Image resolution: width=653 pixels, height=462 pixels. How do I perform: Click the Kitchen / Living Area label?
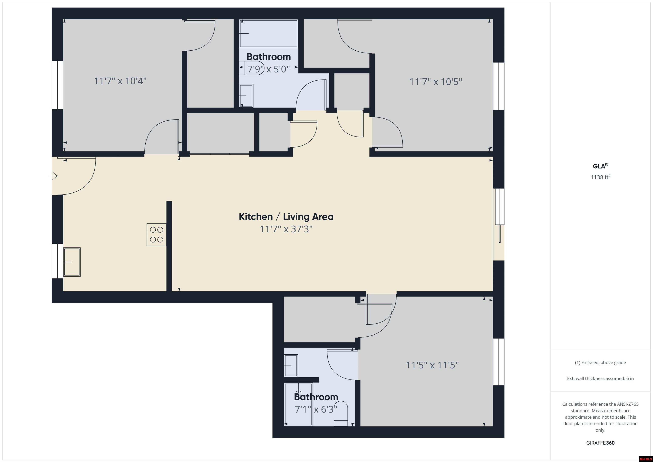click(x=286, y=217)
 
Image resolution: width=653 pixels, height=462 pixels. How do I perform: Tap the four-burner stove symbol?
click(x=156, y=235)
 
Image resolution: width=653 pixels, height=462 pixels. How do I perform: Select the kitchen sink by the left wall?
click(x=72, y=262)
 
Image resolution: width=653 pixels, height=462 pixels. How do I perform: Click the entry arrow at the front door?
click(x=53, y=176)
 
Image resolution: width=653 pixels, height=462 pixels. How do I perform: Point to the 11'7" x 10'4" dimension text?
click(x=120, y=81)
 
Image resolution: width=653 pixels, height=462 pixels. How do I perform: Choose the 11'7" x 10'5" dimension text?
click(x=435, y=82)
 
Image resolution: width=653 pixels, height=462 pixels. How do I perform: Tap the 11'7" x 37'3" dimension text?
click(x=286, y=229)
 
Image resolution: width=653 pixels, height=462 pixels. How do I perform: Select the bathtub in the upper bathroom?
click(x=268, y=33)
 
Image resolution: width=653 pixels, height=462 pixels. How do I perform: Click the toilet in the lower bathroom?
click(x=341, y=414)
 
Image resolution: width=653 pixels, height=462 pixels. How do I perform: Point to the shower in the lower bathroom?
click(x=298, y=404)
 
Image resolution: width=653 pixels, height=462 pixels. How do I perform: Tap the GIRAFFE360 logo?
click(x=600, y=443)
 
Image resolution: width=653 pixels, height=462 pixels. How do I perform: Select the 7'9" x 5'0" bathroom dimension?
click(x=268, y=69)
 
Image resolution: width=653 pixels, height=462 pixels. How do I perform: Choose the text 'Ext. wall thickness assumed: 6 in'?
click(x=600, y=379)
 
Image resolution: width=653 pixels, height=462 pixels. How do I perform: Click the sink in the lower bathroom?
click(x=291, y=365)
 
